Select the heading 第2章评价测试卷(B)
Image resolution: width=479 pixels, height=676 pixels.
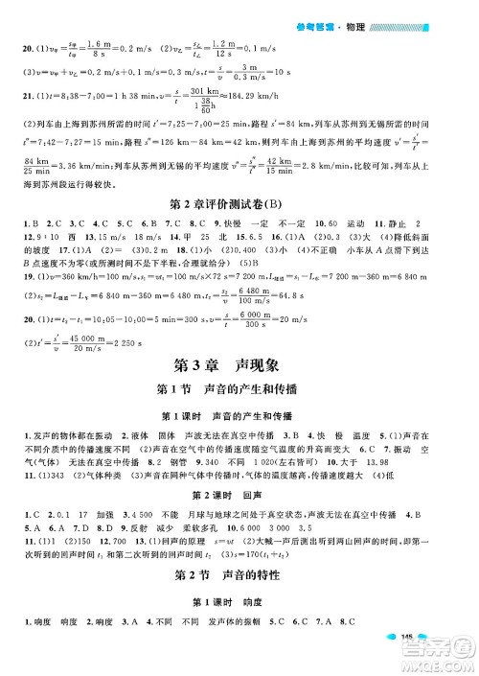239,204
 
